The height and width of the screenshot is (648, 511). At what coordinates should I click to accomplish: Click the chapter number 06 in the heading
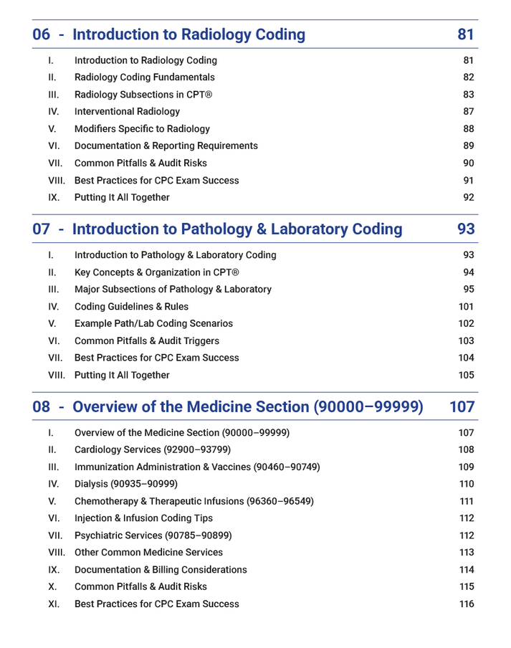[42, 34]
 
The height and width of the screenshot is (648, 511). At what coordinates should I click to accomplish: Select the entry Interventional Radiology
[127, 112]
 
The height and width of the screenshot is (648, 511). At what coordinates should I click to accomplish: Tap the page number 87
[468, 112]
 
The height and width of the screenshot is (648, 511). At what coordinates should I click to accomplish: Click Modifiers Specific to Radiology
[142, 129]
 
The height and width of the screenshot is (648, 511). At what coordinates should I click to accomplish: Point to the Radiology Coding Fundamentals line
[144, 77]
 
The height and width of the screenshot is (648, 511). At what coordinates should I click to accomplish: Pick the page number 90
[468, 163]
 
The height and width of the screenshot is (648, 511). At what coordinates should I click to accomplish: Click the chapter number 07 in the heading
[42, 229]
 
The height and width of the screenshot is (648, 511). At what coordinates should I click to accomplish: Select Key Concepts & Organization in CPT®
[157, 272]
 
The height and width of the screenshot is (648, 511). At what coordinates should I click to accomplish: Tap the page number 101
[466, 307]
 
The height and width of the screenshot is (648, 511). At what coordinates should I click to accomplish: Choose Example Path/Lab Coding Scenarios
[153, 324]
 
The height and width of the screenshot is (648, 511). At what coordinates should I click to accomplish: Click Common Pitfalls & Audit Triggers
[147, 341]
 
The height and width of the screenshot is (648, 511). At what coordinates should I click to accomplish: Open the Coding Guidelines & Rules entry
[131, 307]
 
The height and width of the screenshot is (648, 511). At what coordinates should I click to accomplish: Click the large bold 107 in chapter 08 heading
[462, 407]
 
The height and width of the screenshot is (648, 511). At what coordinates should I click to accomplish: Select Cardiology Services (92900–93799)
[153, 450]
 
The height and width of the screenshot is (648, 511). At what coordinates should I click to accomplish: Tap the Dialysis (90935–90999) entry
[125, 485]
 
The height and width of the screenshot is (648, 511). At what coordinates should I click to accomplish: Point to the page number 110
[466, 485]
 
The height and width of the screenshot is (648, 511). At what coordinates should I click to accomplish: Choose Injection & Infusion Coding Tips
[143, 518]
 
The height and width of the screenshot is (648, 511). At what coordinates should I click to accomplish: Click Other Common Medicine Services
[148, 553]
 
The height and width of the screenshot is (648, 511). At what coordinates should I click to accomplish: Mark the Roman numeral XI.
[54, 604]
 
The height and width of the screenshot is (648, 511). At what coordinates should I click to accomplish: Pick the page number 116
[466, 604]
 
